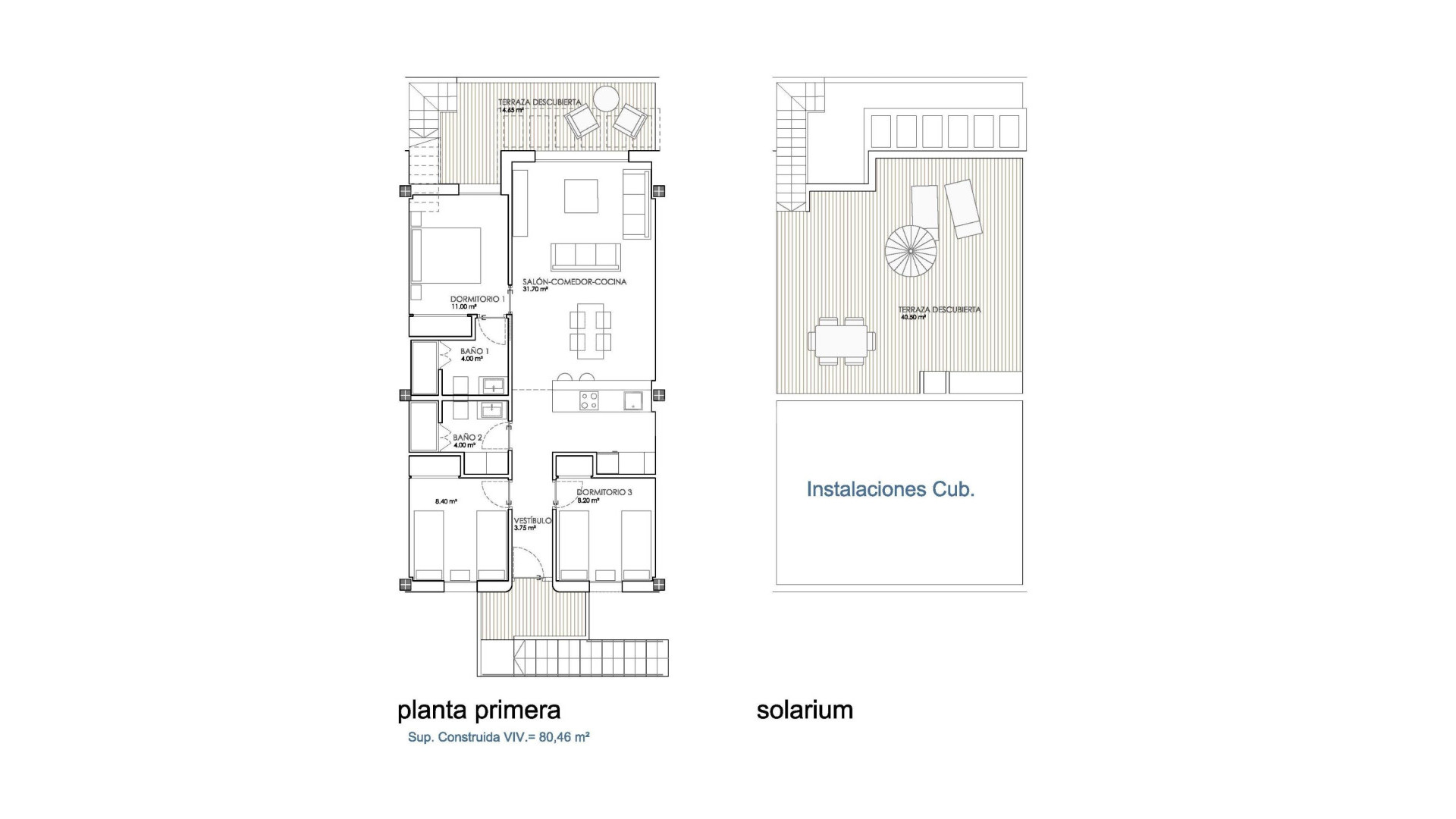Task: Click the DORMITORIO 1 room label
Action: (477, 300)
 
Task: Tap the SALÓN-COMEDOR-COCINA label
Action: (574, 282)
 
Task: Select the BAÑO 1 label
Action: (474, 352)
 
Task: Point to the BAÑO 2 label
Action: (467, 438)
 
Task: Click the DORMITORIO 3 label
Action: (604, 492)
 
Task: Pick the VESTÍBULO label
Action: (532, 521)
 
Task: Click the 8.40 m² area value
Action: (446, 501)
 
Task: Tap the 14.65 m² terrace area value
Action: (510, 110)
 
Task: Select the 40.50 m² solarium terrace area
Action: (913, 317)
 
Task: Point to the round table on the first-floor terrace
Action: (606, 99)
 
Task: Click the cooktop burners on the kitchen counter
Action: (589, 400)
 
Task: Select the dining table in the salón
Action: (591, 331)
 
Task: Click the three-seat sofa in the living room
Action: (585, 256)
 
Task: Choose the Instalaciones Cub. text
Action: (890, 489)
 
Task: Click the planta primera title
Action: (479, 710)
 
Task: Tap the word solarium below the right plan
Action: (805, 710)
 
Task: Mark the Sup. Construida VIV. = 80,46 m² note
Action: (498, 737)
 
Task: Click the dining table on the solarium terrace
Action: (841, 341)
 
